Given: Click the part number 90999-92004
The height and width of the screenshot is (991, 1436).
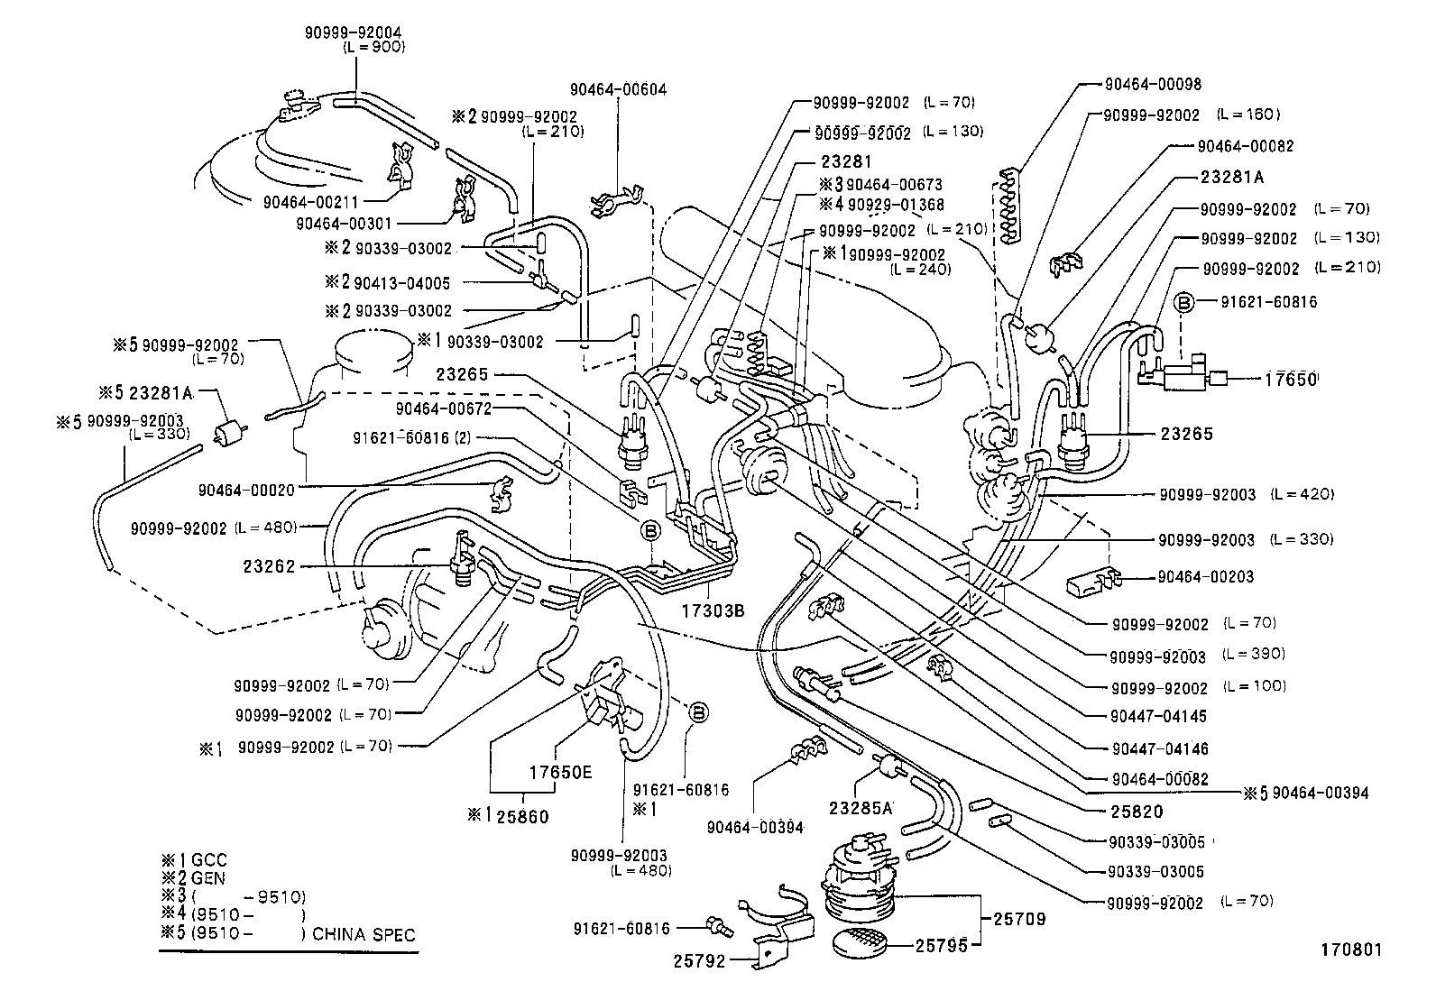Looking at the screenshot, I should click(353, 32).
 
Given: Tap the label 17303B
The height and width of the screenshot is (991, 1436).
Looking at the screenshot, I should click(713, 610).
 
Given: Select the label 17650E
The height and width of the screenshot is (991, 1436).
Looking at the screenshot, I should click(560, 772).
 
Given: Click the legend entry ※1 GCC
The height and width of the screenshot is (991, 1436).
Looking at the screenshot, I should click(194, 860).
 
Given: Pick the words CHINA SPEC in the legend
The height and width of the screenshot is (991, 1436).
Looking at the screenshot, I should click(364, 934).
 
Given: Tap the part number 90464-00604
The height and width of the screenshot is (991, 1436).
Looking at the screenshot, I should click(618, 89).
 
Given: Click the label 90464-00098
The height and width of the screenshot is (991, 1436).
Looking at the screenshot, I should click(1152, 84).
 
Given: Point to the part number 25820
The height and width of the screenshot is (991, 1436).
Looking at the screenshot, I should click(1137, 811).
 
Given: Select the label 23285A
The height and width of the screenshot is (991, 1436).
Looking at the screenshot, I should click(861, 807).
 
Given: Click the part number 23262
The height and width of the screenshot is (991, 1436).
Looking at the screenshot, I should click(270, 567).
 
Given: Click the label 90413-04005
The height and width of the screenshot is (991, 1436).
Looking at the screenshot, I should click(401, 282).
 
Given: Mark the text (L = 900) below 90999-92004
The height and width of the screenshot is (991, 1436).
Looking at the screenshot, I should click(374, 47).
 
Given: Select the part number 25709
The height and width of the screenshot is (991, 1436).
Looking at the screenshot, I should click(1019, 919).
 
